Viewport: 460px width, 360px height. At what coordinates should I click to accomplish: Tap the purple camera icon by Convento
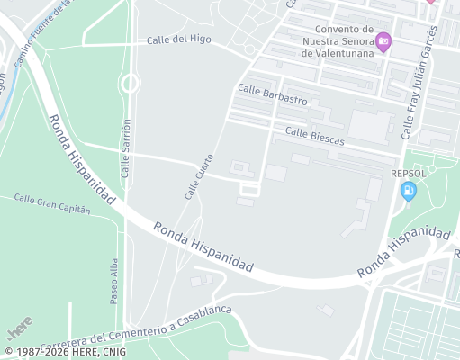[383, 40]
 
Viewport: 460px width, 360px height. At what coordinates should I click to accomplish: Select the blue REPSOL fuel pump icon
[408, 190]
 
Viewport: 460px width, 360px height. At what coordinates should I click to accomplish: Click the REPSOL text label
[408, 173]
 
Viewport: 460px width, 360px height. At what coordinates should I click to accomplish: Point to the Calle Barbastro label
[273, 94]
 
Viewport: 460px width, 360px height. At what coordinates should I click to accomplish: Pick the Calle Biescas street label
[314, 135]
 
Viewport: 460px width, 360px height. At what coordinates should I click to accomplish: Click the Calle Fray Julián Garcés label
[419, 83]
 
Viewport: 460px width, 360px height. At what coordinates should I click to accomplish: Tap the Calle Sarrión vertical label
[126, 148]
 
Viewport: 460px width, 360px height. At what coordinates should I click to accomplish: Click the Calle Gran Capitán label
[52, 203]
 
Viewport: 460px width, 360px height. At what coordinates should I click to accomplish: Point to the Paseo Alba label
[114, 280]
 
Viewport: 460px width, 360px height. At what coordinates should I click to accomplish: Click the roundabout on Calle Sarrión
[129, 84]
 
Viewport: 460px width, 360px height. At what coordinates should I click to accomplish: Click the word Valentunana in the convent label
[338, 52]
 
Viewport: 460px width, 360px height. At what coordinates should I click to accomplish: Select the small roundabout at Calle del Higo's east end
[249, 49]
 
